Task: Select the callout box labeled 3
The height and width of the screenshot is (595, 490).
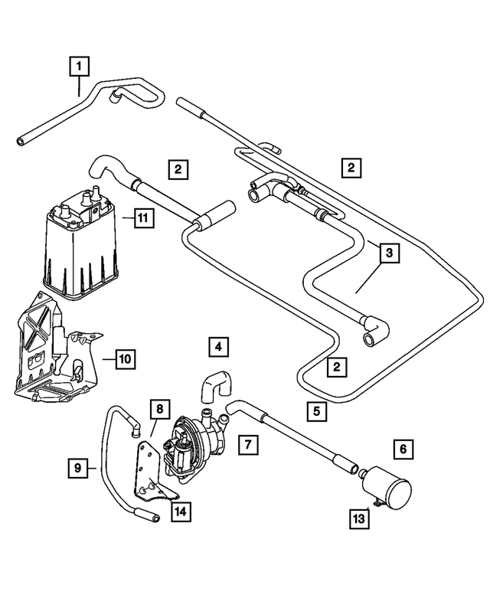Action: point(388,252)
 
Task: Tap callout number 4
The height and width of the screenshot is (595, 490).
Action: point(217,348)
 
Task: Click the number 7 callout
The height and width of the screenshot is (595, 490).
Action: point(247,443)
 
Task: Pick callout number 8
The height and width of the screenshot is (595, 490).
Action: point(158,410)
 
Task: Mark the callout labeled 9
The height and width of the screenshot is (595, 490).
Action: point(77,467)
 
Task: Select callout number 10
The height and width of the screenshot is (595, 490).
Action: point(126,358)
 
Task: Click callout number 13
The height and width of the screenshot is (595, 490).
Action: point(359,518)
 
